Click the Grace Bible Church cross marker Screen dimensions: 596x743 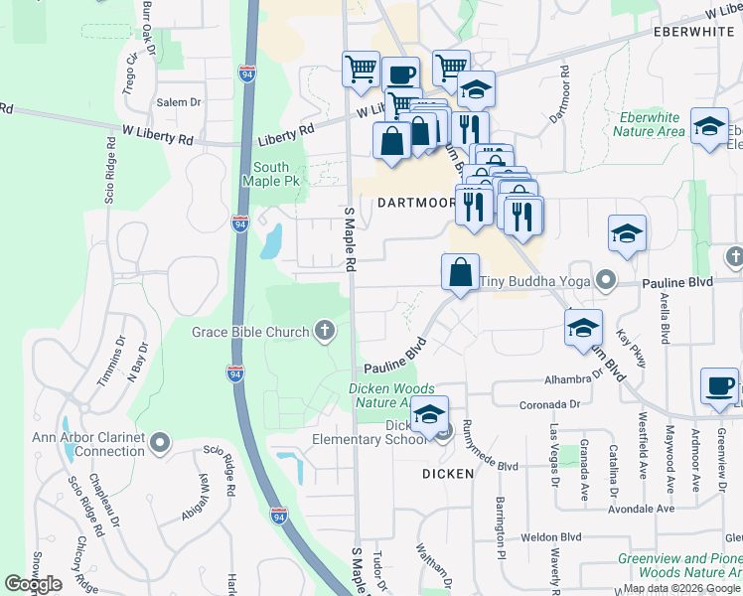pos(324,331)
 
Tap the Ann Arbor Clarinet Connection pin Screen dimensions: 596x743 pos(162,440)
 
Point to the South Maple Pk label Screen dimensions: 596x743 pos(276,175)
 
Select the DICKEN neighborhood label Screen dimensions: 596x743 pos(448,474)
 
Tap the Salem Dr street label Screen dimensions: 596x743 pos(179,102)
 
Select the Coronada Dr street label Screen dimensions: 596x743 pos(547,404)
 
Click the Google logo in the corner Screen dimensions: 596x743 pos(34,584)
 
